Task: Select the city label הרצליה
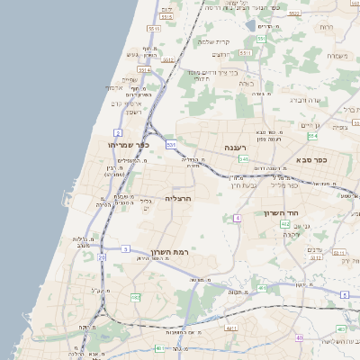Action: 180,198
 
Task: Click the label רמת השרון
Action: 163,251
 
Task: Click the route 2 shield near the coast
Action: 117,132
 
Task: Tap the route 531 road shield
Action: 262,40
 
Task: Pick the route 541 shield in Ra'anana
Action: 244,159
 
